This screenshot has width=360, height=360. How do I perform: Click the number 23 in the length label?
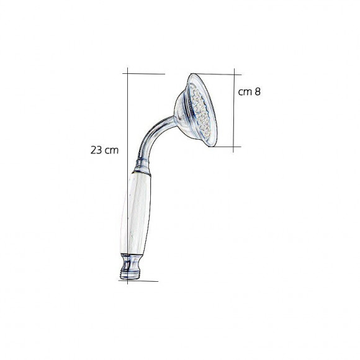(x=96, y=150)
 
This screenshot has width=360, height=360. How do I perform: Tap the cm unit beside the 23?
(x=112, y=151)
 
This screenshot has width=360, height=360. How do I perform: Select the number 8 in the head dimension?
(x=258, y=92)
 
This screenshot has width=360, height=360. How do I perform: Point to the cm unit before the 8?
(x=245, y=92)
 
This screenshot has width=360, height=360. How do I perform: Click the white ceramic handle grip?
(x=136, y=214)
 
